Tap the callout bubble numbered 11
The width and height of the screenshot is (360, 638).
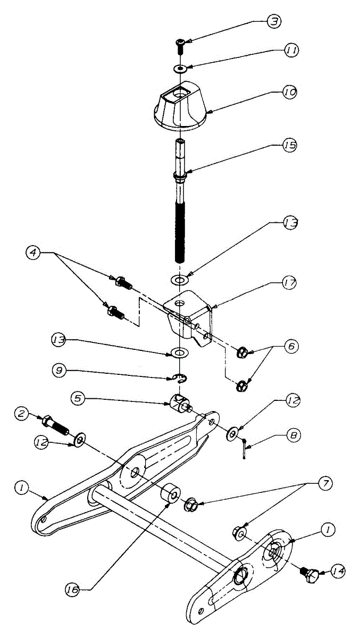click(291, 51)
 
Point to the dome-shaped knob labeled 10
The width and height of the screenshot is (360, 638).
click(179, 106)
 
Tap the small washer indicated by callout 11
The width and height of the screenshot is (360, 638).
click(180, 69)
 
